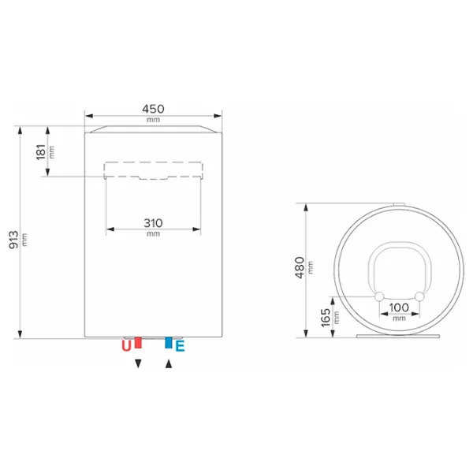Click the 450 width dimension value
coord(153,109)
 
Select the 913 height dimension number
coord(13,240)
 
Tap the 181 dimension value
coord(41,152)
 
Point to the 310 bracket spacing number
coord(153,223)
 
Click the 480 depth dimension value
coord(300,267)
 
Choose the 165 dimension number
coord(326,318)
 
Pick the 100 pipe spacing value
coord(399,307)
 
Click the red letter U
coord(126,346)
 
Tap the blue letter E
coord(180,346)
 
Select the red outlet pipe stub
coord(138,342)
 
